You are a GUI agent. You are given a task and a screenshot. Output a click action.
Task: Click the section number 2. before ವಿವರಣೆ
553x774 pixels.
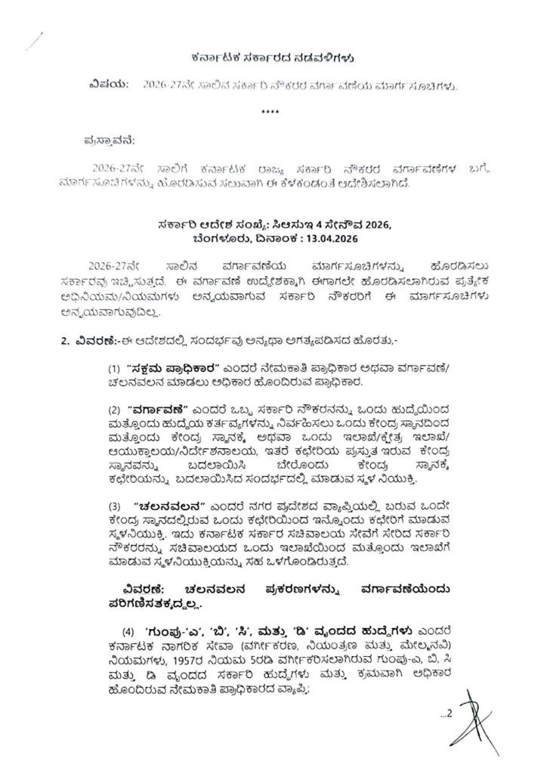click(x=65, y=344)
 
